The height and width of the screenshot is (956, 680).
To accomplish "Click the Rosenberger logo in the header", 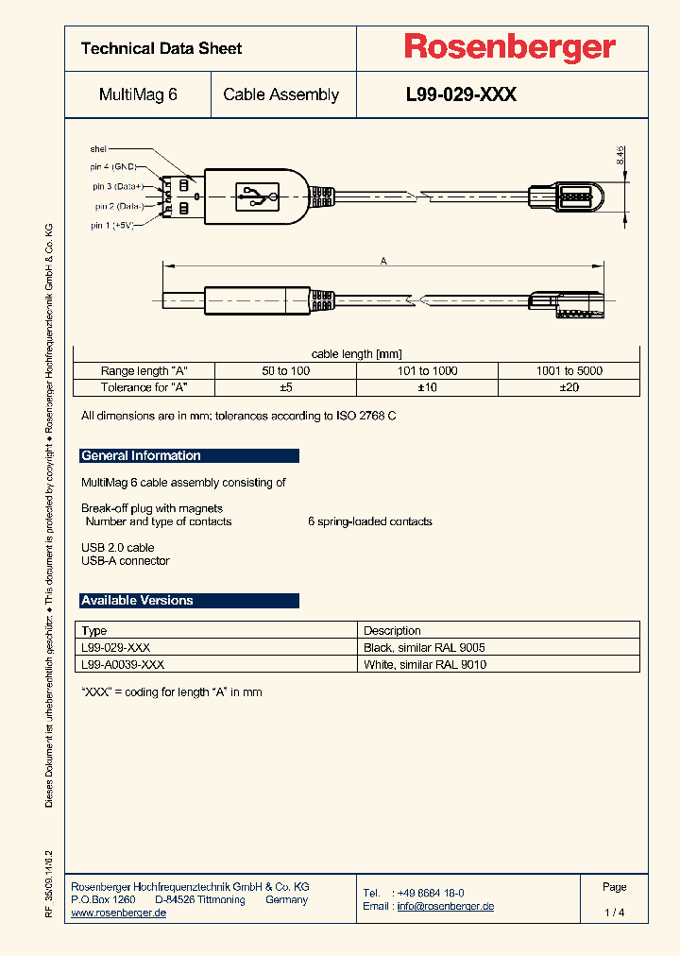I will pos(510,47).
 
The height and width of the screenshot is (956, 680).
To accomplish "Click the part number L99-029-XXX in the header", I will pos(461,94).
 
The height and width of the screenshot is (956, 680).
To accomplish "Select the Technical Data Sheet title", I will pos(161,48).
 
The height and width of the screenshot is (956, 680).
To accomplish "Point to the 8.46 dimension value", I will pos(620,156).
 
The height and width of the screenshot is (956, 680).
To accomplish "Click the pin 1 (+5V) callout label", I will pos(112,226).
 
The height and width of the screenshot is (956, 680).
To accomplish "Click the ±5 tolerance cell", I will pos(285,387).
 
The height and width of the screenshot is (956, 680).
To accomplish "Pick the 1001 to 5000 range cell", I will pos(569,371).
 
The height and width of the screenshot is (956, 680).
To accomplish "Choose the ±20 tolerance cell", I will pos(569,387).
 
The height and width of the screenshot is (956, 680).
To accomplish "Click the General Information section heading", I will pos(142,456).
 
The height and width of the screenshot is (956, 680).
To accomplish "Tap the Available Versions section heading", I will pos(138,601).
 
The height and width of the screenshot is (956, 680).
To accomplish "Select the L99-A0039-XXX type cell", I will pos(123,664).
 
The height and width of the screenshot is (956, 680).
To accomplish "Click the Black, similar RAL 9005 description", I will pos(424,648).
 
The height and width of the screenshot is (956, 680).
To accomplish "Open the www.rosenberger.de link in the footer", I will pos(119,913).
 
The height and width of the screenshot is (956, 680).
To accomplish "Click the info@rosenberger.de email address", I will pos(445,906).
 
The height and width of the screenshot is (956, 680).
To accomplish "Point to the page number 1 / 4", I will pos(614,913).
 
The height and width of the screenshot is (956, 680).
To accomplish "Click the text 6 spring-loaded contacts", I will pos(370,521).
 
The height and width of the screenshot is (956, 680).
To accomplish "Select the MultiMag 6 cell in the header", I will pos(138,94).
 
